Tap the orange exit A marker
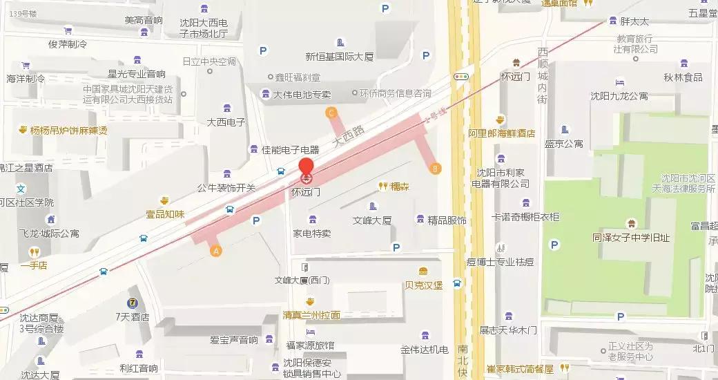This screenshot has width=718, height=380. click(216, 251)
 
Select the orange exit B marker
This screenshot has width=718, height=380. click(434, 167)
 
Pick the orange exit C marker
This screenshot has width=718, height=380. click(331, 113)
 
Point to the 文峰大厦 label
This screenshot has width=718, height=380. click(372, 221)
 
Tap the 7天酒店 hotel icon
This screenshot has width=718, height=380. click(131, 303)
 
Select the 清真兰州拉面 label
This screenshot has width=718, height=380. click(311, 315)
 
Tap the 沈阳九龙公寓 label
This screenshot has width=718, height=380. click(619, 96)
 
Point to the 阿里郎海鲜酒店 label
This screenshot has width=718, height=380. click(501, 133)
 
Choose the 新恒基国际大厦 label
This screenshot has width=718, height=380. click(339, 57)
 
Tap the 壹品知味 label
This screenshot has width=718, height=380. click(165, 214)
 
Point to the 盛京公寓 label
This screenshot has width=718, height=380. click(564, 144)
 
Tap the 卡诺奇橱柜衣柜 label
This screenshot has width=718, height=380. click(525, 217)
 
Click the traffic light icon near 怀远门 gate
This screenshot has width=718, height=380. click(461, 77)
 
